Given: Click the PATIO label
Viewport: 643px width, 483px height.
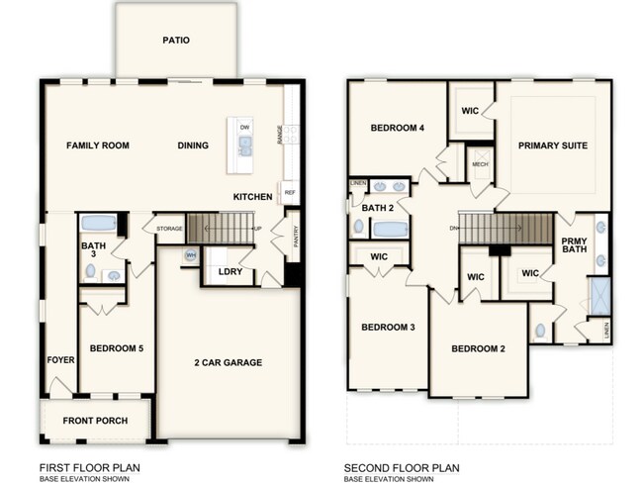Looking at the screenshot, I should coord(176,41).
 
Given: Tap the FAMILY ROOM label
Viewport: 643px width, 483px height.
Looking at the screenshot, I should coord(98,145).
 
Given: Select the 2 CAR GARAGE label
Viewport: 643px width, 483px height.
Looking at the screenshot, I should coord(228,362).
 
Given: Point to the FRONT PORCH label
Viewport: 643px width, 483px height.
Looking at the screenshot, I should coord(95,421).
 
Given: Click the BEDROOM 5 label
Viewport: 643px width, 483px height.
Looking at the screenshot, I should coord(117,348).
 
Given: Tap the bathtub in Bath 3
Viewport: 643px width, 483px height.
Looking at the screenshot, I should coord(98,223).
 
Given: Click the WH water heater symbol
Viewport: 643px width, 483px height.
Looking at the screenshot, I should coord(190,256).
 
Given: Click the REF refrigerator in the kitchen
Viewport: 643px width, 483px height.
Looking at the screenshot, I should coord(290,192).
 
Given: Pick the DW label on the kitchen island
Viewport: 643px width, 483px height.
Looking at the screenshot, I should coord(244,128).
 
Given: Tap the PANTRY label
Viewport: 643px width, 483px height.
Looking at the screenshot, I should coord(295,237).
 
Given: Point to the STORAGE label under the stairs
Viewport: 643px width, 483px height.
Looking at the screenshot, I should coord(168,229).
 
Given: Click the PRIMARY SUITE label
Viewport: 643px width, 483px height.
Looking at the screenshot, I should coord(552,145).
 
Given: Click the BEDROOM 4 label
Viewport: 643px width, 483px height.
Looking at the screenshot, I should coord(397,128).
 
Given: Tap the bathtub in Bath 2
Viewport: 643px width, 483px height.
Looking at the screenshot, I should coord(391,230).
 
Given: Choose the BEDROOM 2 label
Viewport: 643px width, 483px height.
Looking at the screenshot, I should coord(479,348).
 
